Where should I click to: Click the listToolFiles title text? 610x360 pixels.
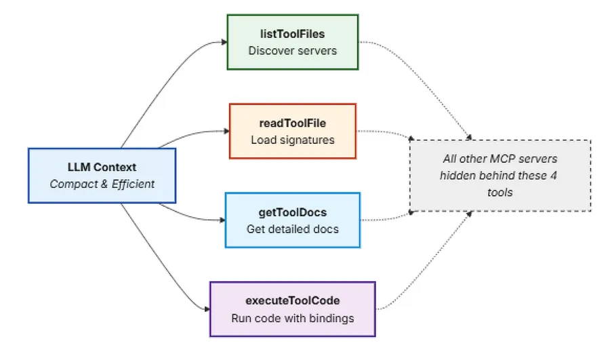293,35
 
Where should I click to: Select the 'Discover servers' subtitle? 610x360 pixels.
293,51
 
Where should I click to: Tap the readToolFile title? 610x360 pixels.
293,123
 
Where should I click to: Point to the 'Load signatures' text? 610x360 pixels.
293,140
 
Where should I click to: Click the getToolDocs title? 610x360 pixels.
293,212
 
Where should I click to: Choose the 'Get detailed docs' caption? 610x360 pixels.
293,229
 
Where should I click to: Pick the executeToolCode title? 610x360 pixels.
293,300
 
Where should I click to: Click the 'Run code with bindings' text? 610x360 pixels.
293,319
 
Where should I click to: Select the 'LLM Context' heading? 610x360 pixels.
102,167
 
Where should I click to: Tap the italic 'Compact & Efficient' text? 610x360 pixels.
102,184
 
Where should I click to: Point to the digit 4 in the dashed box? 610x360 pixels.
554,176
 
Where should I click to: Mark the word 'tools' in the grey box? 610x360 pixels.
500,193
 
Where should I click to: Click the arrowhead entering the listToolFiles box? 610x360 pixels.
224,42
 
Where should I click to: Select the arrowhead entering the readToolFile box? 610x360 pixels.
227,131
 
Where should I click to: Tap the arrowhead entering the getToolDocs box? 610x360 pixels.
222,220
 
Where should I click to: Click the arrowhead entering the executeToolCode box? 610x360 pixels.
207,309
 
